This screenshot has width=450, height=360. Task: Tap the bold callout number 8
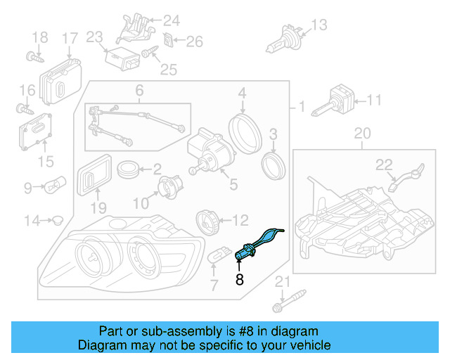coord(239,280)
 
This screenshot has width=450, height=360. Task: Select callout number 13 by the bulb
coord(319,26)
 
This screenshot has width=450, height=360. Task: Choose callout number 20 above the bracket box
coord(361,133)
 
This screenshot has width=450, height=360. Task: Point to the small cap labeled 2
coord(128,169)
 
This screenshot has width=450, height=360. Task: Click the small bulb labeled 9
coord(56,188)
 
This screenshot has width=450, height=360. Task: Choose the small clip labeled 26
coord(169,41)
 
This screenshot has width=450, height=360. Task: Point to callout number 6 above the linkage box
coord(139,91)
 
